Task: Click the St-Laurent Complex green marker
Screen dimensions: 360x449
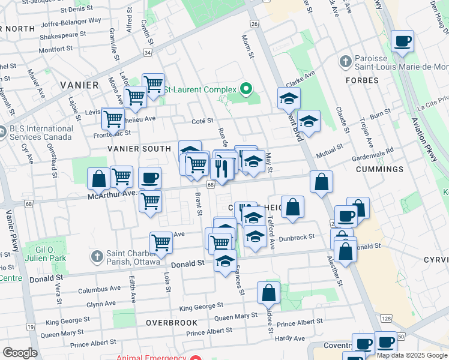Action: tap(246, 89)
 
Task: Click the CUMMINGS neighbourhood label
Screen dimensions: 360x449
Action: tap(379, 169)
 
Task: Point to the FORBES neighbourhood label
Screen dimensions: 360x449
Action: tap(362, 80)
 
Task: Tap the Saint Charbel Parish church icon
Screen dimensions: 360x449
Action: tap(97, 257)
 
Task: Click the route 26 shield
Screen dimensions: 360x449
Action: tap(255, 24)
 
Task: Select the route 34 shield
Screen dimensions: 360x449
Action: tap(147, 53)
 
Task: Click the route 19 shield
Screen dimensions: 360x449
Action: tap(29, 327)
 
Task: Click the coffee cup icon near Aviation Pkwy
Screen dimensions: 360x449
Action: tap(402, 41)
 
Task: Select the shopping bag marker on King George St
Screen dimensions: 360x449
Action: tap(269, 293)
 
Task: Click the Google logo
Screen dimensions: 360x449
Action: tap(20, 353)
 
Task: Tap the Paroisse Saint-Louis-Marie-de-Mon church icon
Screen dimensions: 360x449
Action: tap(345, 61)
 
